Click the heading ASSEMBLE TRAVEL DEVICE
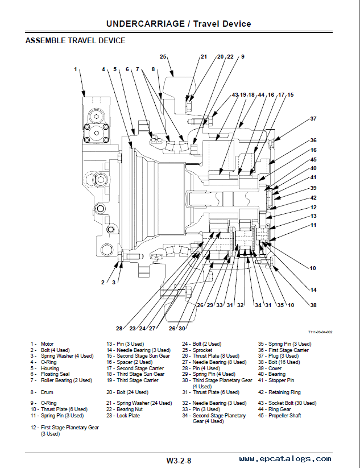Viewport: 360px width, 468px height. click(x=75, y=40)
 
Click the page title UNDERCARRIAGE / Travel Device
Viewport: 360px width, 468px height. click(x=179, y=24)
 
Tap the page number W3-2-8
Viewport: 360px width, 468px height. click(x=179, y=461)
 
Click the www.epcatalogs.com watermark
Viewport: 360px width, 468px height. click(x=285, y=459)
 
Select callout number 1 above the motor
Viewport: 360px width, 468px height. click(x=76, y=69)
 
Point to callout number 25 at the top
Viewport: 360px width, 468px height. click(x=163, y=56)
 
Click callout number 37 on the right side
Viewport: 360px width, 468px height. click(x=313, y=118)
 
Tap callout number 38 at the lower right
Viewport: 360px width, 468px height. click(x=313, y=305)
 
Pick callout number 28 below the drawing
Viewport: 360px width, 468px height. click(x=119, y=328)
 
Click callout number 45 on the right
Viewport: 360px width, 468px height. click(x=313, y=160)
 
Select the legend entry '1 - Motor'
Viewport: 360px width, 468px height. click(x=42, y=344)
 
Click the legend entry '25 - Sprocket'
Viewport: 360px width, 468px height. click(x=197, y=350)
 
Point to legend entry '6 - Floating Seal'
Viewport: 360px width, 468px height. click(x=50, y=374)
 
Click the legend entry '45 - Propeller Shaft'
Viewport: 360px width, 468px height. click(x=280, y=416)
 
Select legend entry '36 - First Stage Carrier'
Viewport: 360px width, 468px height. click(x=284, y=350)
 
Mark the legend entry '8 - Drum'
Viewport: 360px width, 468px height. click(x=42, y=392)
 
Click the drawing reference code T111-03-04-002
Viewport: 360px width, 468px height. click(x=320, y=332)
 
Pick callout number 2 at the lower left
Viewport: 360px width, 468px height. click(x=103, y=283)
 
